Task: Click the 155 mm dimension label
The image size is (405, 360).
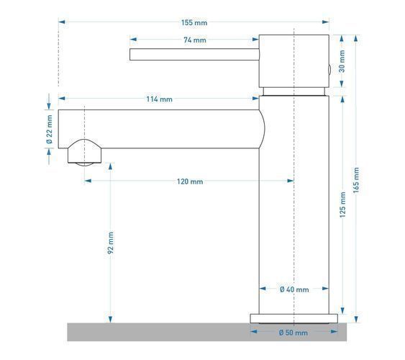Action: pos(194,23)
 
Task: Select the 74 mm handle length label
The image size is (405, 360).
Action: pos(195,40)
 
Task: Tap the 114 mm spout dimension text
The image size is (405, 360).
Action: pos(160,99)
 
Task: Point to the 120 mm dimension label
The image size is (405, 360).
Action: pos(190,181)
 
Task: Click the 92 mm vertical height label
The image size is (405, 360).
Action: pos(111,243)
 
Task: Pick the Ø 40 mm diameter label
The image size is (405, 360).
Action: pos(294,289)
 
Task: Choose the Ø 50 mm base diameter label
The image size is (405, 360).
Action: pos(293,333)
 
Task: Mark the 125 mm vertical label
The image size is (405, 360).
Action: pos(342,204)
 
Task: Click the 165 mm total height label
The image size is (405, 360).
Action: pos(356,180)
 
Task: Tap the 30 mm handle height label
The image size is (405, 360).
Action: pos(342,61)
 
